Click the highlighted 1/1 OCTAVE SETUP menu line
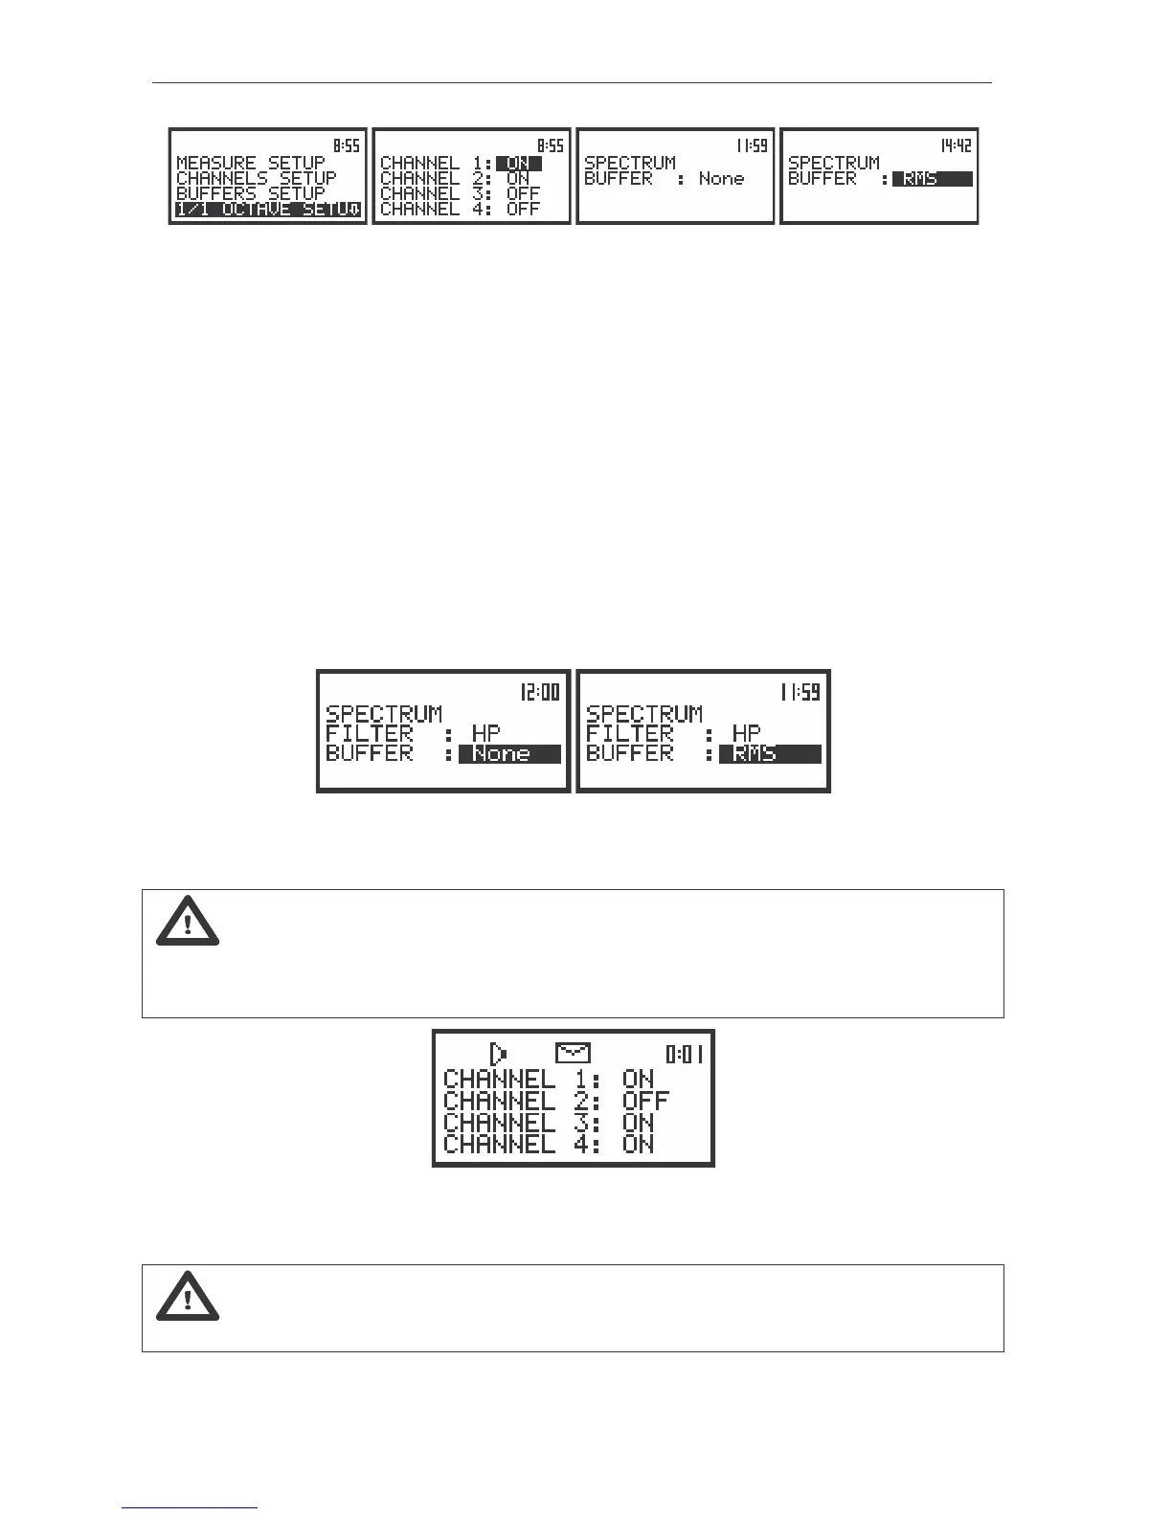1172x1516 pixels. point(268,209)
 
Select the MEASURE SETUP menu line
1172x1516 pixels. point(251,164)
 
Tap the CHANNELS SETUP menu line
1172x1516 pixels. point(257,178)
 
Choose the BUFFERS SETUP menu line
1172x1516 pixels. point(251,193)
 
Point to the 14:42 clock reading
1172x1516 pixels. point(955,145)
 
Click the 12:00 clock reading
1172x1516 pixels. point(540,691)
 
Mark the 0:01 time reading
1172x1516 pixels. point(686,1055)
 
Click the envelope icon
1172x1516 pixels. point(573,1053)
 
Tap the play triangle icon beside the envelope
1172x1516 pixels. point(499,1054)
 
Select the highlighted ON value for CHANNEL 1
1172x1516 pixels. point(518,164)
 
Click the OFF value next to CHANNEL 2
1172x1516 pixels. point(645,1101)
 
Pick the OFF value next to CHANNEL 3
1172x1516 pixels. point(523,193)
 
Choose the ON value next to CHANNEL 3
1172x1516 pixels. point(638,1123)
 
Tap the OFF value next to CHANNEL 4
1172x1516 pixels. point(523,209)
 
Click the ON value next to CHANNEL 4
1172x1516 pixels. point(638,1144)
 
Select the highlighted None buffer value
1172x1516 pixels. point(508,754)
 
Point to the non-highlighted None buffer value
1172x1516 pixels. point(721,178)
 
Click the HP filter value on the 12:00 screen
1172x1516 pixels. point(486,734)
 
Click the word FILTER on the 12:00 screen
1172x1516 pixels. point(370,734)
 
